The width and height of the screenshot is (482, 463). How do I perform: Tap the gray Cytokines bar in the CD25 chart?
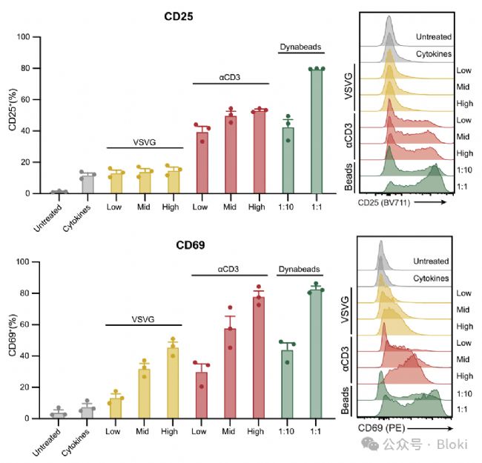(88, 184)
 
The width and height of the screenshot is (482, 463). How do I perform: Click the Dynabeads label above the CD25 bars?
(301, 47)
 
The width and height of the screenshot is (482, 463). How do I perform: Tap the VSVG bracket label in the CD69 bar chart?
(144, 319)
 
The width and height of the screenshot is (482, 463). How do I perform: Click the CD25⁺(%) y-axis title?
(11, 114)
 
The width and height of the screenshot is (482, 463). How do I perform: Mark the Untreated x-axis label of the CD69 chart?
(52, 438)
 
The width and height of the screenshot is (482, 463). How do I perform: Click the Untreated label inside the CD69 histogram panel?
(432, 261)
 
